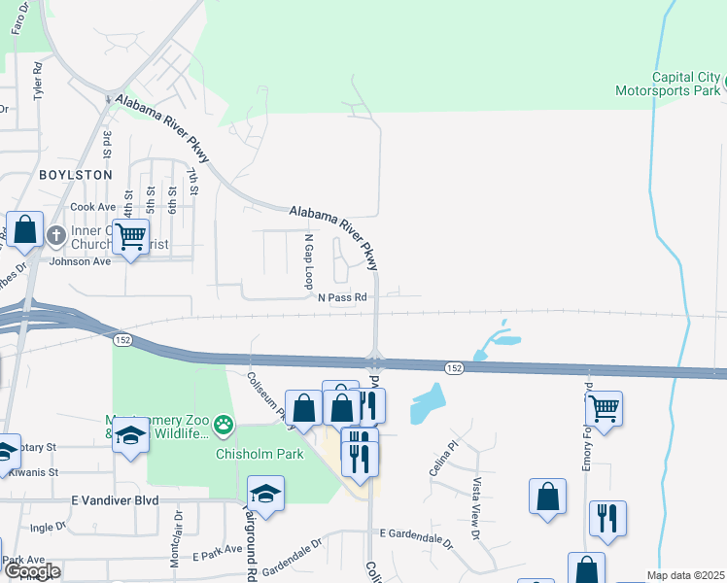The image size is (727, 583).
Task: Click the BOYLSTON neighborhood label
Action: [x=76, y=175]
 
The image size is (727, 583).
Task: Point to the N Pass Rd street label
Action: [x=342, y=297]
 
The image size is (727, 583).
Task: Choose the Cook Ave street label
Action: [x=92, y=208]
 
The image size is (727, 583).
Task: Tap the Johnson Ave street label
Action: [x=81, y=261]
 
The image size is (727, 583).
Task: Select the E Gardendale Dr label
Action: [x=416, y=534]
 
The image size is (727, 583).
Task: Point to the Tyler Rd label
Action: [x=39, y=82]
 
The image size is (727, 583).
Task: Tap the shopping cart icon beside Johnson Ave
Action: [x=130, y=235]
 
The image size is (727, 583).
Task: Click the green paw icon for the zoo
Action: [x=225, y=424]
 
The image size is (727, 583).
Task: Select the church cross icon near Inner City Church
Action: [x=56, y=235]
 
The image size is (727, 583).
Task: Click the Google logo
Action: [x=32, y=572]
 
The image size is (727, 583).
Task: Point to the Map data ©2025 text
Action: [x=685, y=575]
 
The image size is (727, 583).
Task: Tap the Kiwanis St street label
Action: [x=33, y=471]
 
